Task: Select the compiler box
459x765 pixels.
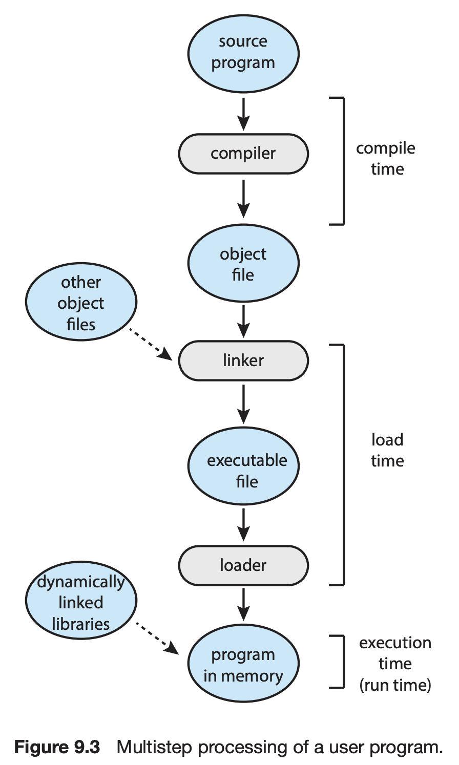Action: pos(243,154)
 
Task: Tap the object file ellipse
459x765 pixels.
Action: pos(243,264)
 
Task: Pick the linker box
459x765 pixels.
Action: pos(243,360)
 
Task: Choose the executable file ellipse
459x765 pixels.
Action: pos(243,466)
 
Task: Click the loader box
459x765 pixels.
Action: pos(243,565)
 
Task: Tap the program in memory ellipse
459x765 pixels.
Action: pos(243,665)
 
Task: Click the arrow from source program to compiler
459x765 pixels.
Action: pos(244,114)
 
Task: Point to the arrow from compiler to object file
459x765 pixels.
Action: pos(244,198)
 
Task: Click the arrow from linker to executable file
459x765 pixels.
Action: pos(244,405)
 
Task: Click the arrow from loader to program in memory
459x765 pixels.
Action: pos(244,604)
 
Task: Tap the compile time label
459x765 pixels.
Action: pos(386,159)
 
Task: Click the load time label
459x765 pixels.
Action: pos(387,450)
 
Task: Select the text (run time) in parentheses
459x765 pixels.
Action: pos(395,685)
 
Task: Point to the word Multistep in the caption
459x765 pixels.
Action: pos(154,748)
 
